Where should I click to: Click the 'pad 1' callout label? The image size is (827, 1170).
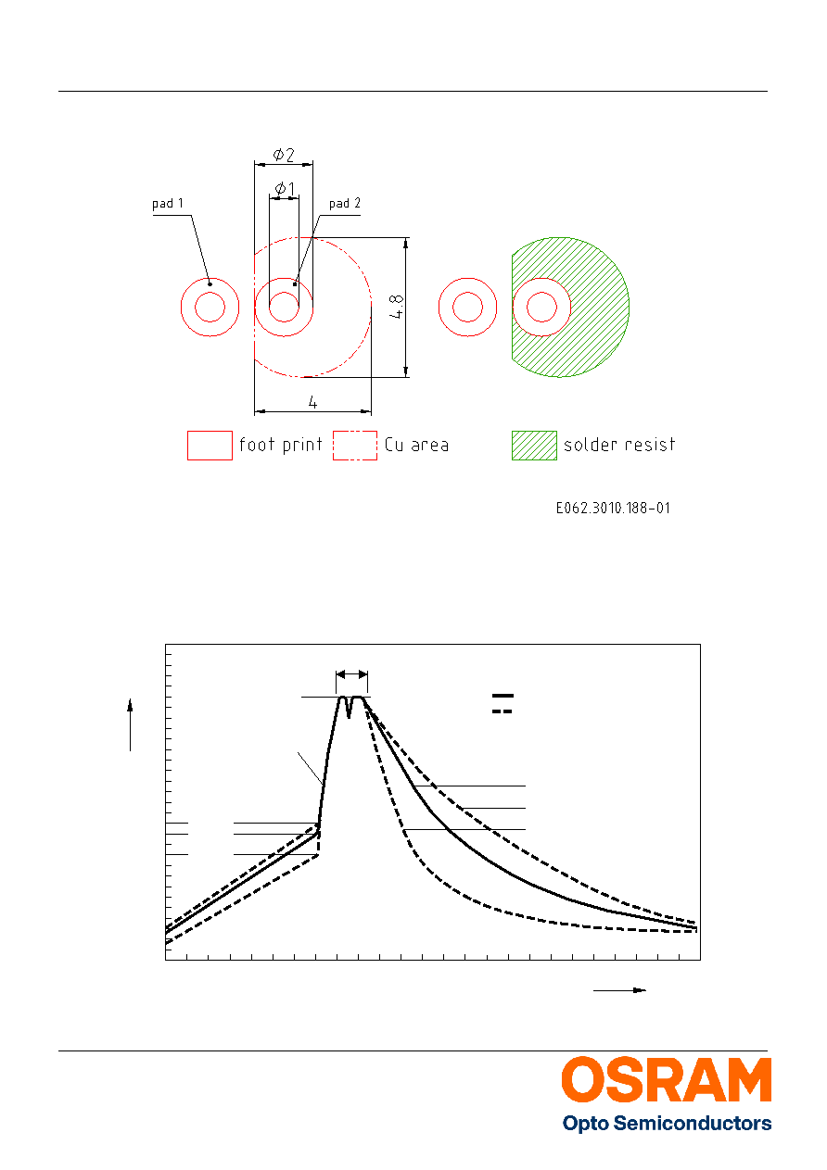pyautogui.click(x=167, y=204)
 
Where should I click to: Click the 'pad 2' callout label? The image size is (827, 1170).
pyautogui.click(x=345, y=203)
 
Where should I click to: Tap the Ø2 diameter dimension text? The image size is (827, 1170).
pyautogui.click(x=284, y=155)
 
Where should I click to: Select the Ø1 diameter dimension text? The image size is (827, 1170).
pyautogui.click(x=285, y=189)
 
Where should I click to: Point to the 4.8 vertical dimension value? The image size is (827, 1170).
pyautogui.click(x=397, y=307)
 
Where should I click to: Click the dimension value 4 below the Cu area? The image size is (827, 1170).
pyautogui.click(x=312, y=403)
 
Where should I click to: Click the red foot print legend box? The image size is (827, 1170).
pyautogui.click(x=210, y=446)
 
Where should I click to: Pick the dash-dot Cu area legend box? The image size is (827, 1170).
pyautogui.click(x=355, y=446)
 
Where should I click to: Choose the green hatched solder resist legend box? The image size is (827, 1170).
pyautogui.click(x=534, y=446)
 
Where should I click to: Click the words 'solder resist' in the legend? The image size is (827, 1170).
pyautogui.click(x=619, y=445)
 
